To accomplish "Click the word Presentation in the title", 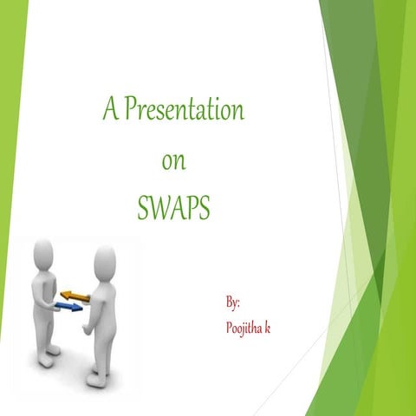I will tap(184, 111).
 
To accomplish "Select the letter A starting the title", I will tap(109, 111).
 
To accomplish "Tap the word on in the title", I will tap(174, 160).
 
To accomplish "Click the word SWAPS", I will tap(173, 208).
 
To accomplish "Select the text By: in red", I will tap(232, 302).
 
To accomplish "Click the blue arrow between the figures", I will tap(69, 307).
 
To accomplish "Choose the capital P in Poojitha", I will tap(229, 328).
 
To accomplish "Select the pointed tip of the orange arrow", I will tap(62, 296).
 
